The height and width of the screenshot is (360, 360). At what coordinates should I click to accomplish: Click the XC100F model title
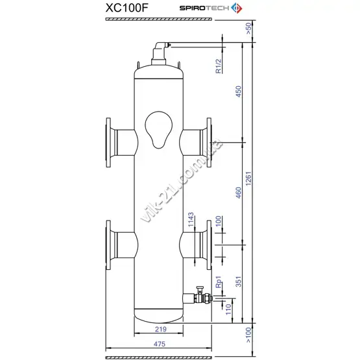(126, 8)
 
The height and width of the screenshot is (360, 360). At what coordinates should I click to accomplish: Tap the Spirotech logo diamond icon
(237, 8)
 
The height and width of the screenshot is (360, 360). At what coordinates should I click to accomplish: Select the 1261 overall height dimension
(248, 178)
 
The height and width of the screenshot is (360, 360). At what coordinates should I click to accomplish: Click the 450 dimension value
(239, 91)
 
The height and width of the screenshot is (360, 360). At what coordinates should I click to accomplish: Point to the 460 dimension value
(239, 193)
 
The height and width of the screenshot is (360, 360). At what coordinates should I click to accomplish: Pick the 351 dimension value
(239, 282)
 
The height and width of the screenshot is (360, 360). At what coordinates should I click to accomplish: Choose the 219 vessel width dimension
(160, 329)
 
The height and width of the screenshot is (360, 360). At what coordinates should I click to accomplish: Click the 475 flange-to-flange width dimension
(160, 344)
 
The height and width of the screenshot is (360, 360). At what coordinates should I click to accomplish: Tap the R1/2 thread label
(219, 66)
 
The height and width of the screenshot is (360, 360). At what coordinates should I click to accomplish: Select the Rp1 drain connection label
(219, 282)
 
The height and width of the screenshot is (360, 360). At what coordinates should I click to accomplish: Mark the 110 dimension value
(228, 309)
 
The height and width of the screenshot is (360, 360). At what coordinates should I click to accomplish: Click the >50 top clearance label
(248, 29)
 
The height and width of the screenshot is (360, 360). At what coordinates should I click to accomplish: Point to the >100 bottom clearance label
(248, 335)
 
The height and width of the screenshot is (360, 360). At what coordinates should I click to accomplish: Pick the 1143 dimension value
(191, 220)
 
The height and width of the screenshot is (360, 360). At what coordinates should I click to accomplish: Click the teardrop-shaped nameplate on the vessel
(159, 130)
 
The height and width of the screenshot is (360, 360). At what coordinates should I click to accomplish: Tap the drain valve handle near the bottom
(200, 289)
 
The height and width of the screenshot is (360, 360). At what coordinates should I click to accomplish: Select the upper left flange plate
(108, 142)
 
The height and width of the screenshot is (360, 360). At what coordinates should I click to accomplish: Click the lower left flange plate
(108, 245)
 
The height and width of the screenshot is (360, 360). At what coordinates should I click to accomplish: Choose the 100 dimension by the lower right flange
(219, 221)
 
